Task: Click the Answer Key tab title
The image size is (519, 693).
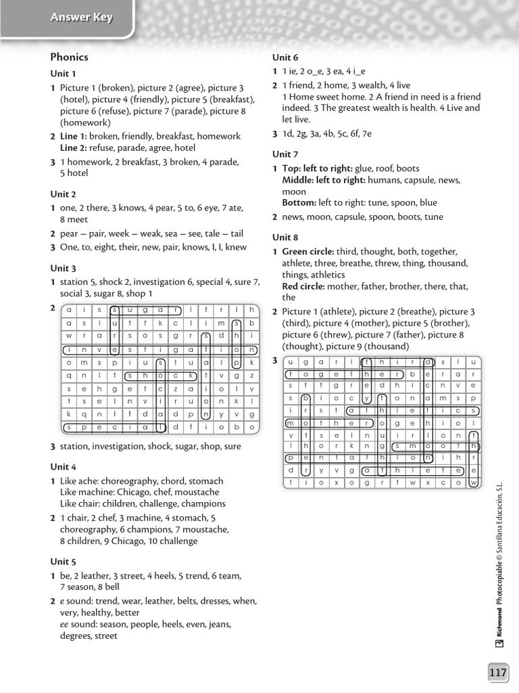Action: pos(81,18)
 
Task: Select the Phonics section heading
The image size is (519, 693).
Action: pos(69,57)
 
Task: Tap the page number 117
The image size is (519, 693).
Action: pos(497,672)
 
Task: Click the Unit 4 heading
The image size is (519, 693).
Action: pos(64,467)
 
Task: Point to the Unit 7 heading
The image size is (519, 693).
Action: pos(285,154)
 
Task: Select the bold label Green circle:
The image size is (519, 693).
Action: pos(307,252)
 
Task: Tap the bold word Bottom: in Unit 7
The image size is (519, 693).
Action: pos(299,202)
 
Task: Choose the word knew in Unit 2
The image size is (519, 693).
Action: pos(236,247)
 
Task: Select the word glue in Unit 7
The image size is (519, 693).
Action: pos(364,169)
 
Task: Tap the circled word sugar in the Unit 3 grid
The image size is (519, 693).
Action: pos(146,310)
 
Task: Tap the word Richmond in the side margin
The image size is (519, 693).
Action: pos(499,623)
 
